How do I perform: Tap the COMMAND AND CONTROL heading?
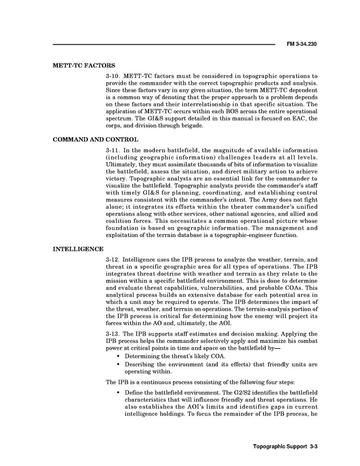[x=96, y=140]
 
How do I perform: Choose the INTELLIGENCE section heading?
[x=78, y=249]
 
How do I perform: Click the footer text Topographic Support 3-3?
[x=285, y=446]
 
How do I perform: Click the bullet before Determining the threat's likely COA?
[x=119, y=357]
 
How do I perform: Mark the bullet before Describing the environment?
[x=119, y=365]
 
